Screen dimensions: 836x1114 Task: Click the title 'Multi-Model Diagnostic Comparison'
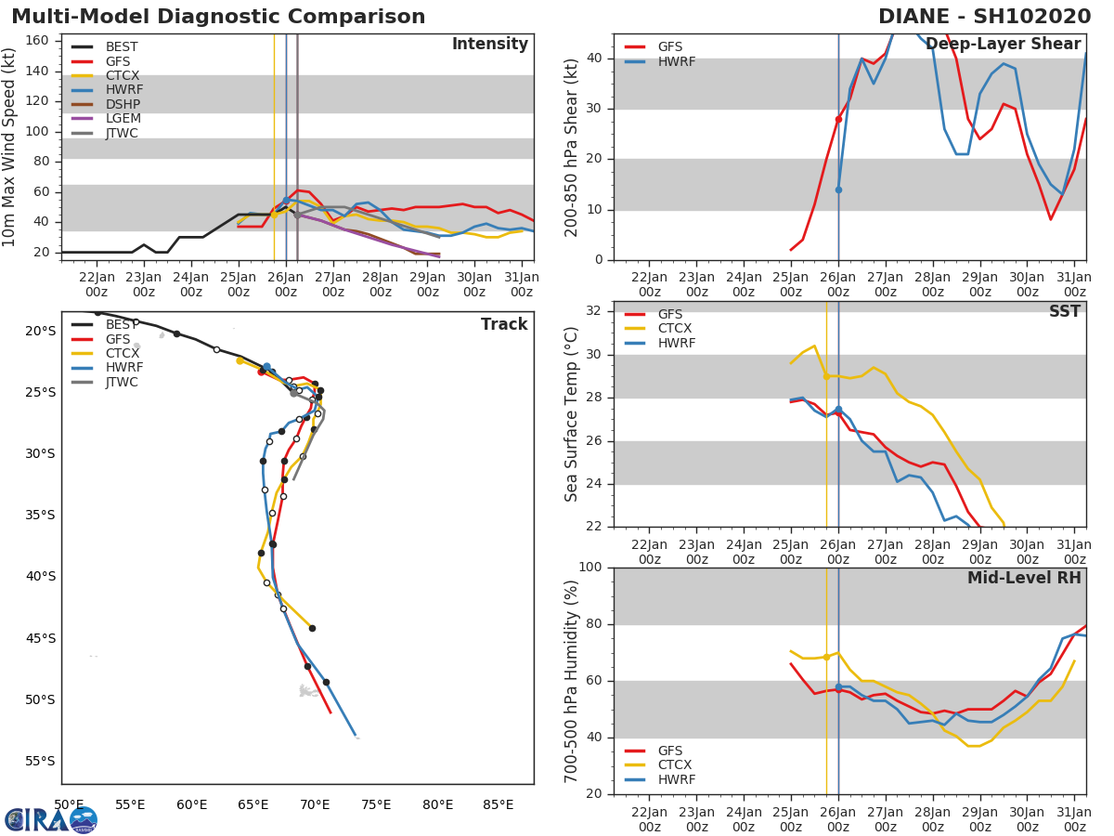click(218, 17)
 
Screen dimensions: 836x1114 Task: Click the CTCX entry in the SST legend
click(675, 329)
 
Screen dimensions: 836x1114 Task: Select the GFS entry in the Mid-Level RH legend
click(669, 751)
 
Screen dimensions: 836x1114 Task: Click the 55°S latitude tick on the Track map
click(40, 761)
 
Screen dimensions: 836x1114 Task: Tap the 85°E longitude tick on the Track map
click(499, 804)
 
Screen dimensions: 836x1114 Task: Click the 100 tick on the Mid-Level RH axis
click(590, 568)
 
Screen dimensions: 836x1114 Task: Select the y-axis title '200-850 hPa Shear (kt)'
click(572, 147)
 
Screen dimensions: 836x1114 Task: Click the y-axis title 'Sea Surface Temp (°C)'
click(572, 414)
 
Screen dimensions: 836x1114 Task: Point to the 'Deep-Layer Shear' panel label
click(1003, 45)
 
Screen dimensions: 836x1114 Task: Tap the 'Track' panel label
click(503, 324)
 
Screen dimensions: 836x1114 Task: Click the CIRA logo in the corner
click(51, 819)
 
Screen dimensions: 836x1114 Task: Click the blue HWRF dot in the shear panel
click(838, 189)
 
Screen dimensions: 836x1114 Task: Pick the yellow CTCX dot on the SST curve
click(826, 375)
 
